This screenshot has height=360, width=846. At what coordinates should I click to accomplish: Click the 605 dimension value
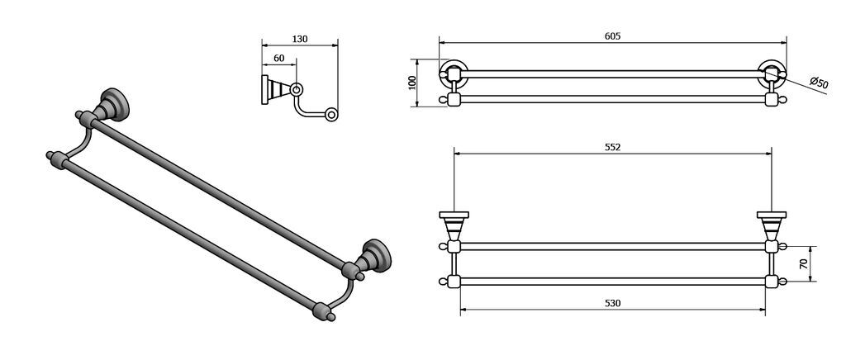[x=612, y=36]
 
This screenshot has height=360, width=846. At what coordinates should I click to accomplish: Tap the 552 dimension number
[x=612, y=148]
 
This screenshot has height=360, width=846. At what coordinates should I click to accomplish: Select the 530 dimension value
[x=612, y=303]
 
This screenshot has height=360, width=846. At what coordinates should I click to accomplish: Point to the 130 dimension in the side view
[x=299, y=39]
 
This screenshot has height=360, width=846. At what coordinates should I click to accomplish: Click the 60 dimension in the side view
[x=279, y=58]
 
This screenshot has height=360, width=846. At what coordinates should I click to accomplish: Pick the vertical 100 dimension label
[x=413, y=83]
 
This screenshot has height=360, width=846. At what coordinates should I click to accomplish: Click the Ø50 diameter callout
[x=819, y=83]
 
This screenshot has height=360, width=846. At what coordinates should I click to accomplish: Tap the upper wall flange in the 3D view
[x=114, y=104]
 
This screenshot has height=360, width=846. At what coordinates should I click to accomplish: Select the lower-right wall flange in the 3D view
[x=377, y=255]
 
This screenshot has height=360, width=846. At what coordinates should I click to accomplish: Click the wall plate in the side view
[x=265, y=89]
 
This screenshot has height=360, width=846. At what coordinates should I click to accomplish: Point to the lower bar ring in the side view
[x=331, y=114]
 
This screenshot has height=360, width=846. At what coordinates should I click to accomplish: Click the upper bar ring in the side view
[x=297, y=89]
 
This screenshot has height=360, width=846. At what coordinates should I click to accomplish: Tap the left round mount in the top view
[x=454, y=73]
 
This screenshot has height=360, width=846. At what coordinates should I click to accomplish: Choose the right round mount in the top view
[x=772, y=73]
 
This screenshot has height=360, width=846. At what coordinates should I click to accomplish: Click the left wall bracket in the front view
[x=454, y=225]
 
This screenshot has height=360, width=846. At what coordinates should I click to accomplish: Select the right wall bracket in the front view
[x=772, y=225]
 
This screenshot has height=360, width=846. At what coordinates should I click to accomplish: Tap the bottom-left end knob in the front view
[x=444, y=282]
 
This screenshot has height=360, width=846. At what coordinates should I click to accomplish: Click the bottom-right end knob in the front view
[x=782, y=282]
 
